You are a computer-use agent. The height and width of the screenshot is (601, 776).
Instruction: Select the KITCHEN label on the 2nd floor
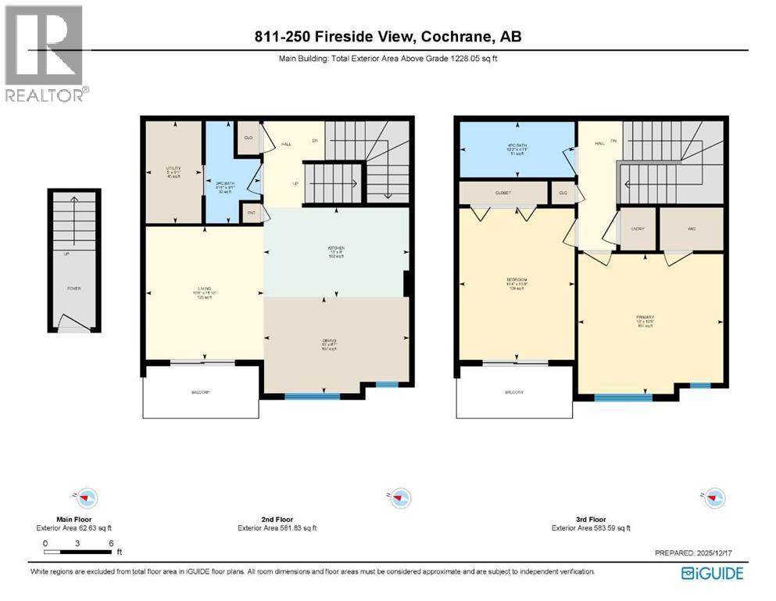coord(336,248)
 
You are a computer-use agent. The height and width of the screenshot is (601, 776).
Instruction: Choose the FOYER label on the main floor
coord(73,289)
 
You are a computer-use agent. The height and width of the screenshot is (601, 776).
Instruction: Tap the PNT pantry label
coord(252,213)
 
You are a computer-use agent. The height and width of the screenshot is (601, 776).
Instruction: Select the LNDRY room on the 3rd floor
coord(637,229)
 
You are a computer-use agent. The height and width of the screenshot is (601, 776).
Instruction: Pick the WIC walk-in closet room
coord(691,229)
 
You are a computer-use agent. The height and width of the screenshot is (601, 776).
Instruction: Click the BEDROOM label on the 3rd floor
coord(517,280)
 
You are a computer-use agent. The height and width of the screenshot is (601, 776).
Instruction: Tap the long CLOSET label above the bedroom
coord(502,193)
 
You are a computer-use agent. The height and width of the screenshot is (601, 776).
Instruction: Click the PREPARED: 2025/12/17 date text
coord(699,553)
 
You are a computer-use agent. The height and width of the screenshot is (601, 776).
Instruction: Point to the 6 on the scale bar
coord(113,542)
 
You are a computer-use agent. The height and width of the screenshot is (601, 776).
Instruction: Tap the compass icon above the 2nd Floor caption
coord(401,498)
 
